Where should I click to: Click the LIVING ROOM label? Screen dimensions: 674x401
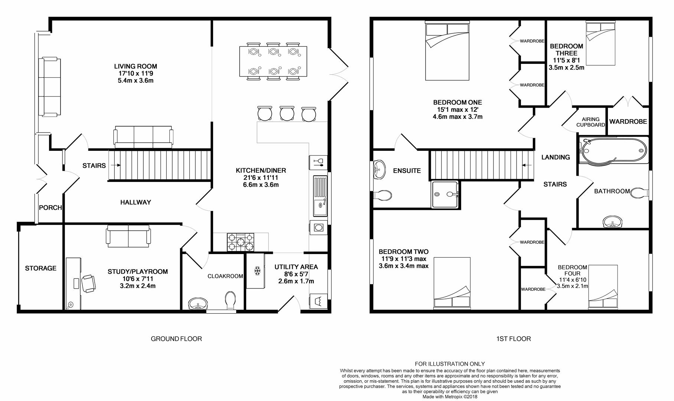136,66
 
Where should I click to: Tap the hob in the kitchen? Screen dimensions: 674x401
241,242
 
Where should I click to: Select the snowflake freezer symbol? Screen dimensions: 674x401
257,271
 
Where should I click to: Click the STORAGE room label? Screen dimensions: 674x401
41,268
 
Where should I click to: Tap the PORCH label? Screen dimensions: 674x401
51,208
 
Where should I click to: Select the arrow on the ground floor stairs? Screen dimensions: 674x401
115,165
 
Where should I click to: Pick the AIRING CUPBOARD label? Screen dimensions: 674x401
590,122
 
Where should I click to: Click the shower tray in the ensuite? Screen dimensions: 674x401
445,194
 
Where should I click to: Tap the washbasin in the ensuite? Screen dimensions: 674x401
379,170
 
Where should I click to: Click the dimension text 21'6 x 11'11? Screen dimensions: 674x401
261,177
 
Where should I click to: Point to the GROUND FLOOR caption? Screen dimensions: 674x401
176,339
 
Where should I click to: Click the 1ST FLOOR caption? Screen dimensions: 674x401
514,339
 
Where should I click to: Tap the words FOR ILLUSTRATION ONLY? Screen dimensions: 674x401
450,364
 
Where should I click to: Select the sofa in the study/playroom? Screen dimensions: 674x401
128,236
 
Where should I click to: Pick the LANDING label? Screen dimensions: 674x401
556,157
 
